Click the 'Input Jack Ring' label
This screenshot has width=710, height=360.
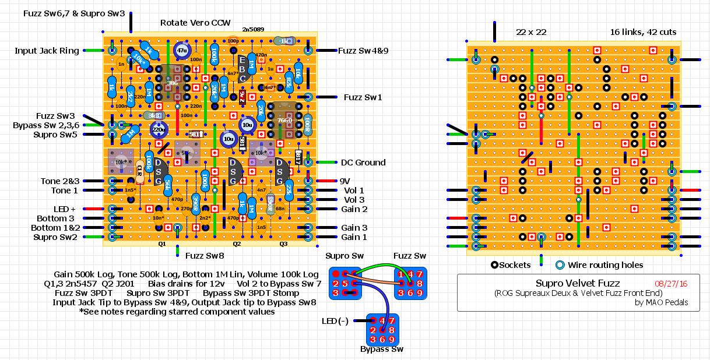coord(47,51)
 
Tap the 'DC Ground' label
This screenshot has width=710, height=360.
coord(362,163)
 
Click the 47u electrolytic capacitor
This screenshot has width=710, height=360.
coord(182,51)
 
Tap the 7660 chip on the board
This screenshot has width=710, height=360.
coord(285,120)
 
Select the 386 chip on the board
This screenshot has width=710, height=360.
coord(173,83)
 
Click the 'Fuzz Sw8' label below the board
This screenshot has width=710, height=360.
coord(205,255)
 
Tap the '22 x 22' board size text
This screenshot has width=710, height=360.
coord(531,32)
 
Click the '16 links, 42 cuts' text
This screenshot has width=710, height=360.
coord(643,32)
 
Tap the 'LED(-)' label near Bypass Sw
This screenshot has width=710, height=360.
coord(335,321)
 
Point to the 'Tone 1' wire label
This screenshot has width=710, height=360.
coord(64,190)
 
